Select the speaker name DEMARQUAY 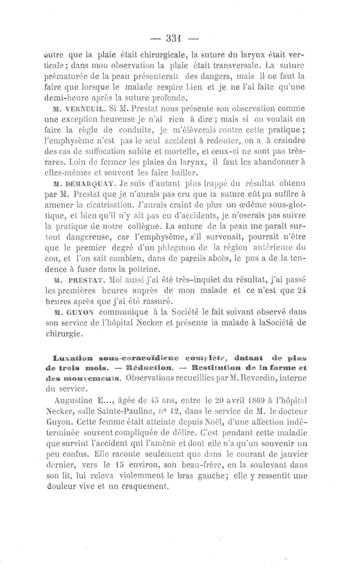[89, 184]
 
